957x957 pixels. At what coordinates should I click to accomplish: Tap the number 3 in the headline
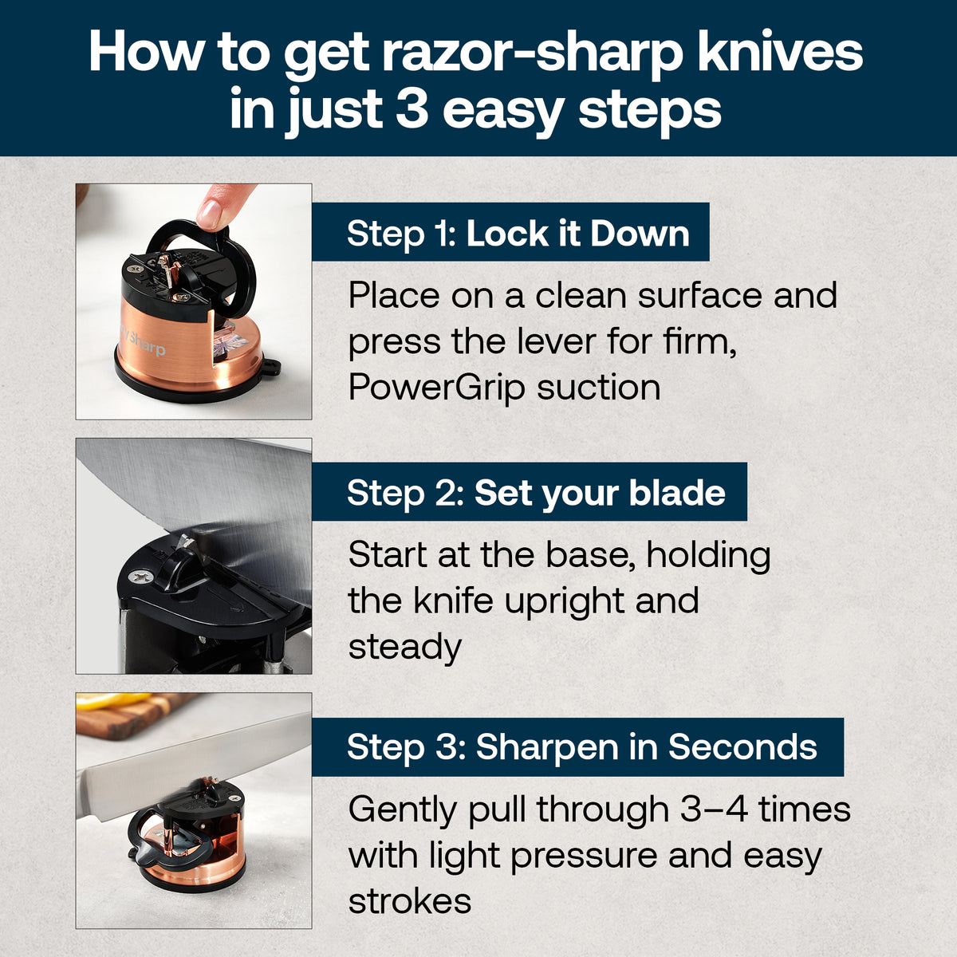point(412,109)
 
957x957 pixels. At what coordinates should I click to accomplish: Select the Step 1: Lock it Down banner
point(510,233)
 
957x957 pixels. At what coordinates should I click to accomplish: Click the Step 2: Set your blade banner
point(530,492)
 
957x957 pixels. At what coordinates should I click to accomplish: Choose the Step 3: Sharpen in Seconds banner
point(577,747)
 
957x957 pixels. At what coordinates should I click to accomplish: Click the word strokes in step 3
point(409,901)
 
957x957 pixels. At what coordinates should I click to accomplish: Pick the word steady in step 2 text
point(404,647)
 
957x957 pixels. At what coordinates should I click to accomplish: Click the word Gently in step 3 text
point(401,810)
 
